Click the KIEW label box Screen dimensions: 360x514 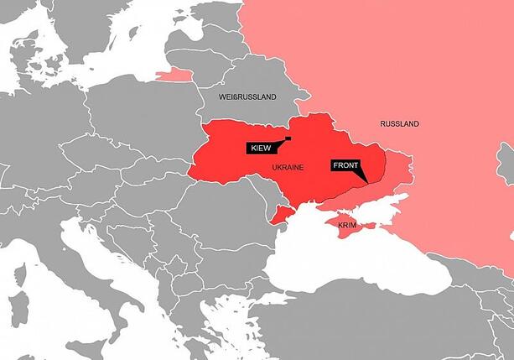259,148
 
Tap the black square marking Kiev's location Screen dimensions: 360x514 288,138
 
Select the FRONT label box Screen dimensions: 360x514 345,165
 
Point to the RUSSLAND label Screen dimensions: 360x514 399,124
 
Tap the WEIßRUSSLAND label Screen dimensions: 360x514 247,97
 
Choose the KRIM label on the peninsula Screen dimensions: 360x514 347,226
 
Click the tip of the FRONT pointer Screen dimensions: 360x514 367,182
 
